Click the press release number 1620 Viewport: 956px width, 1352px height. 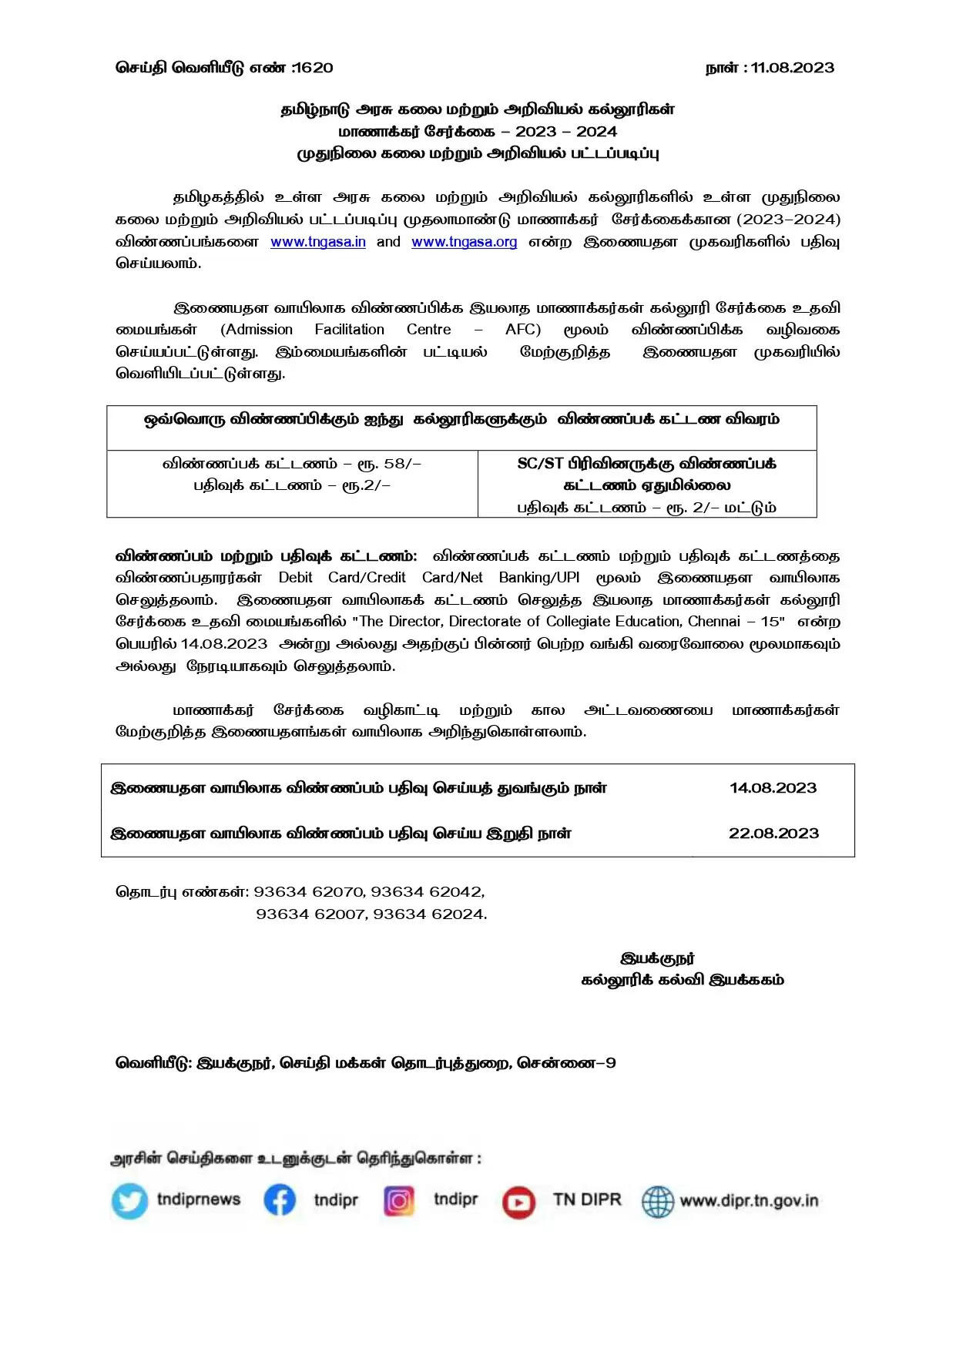click(314, 68)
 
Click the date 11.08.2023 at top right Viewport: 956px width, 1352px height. click(793, 68)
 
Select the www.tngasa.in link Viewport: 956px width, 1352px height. click(318, 242)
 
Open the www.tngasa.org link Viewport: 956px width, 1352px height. click(464, 242)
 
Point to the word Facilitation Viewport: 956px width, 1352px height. click(349, 330)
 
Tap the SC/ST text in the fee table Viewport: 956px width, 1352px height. click(540, 464)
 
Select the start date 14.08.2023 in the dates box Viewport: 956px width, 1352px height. click(773, 788)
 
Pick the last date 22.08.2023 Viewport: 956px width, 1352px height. click(773, 834)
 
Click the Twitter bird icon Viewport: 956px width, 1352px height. click(129, 1201)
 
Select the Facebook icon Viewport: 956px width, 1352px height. click(280, 1200)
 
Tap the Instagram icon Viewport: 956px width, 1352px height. click(398, 1200)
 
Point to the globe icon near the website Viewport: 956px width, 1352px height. click(657, 1201)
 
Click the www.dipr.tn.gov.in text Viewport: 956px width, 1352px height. click(749, 1201)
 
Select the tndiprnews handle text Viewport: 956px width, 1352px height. click(199, 1199)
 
